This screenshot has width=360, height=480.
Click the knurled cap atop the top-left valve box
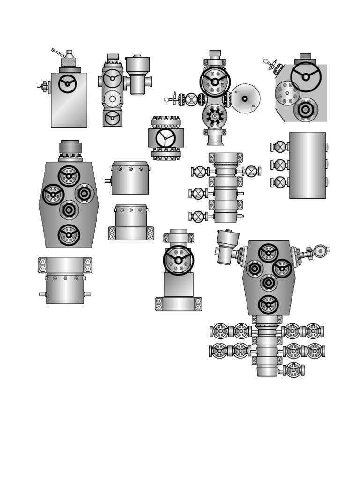point(69,62)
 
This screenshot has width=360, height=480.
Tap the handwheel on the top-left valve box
point(67,84)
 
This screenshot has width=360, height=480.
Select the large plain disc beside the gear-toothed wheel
point(245,98)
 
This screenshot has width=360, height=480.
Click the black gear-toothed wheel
point(215,116)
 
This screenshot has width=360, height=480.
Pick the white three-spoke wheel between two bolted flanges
point(165,138)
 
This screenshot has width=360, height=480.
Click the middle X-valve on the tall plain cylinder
point(280,165)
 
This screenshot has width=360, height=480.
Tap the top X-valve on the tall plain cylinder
point(280,147)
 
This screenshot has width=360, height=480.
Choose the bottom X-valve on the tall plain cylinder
point(280,182)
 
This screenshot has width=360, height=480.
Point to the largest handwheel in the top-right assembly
point(306,77)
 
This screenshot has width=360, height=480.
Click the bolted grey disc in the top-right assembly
point(287,93)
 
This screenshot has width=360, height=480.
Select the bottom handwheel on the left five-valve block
point(69,235)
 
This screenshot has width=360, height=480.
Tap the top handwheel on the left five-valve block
point(69,176)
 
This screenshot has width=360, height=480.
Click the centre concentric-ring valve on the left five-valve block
point(69,210)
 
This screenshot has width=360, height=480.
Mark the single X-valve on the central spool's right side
point(252,172)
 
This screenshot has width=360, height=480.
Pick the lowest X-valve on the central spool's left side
point(199,217)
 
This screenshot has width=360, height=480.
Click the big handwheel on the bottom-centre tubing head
point(178,260)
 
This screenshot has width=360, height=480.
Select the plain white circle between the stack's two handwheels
point(112,99)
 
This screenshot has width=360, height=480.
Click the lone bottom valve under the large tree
point(293,370)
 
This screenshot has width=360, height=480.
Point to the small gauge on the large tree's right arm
point(320,251)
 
